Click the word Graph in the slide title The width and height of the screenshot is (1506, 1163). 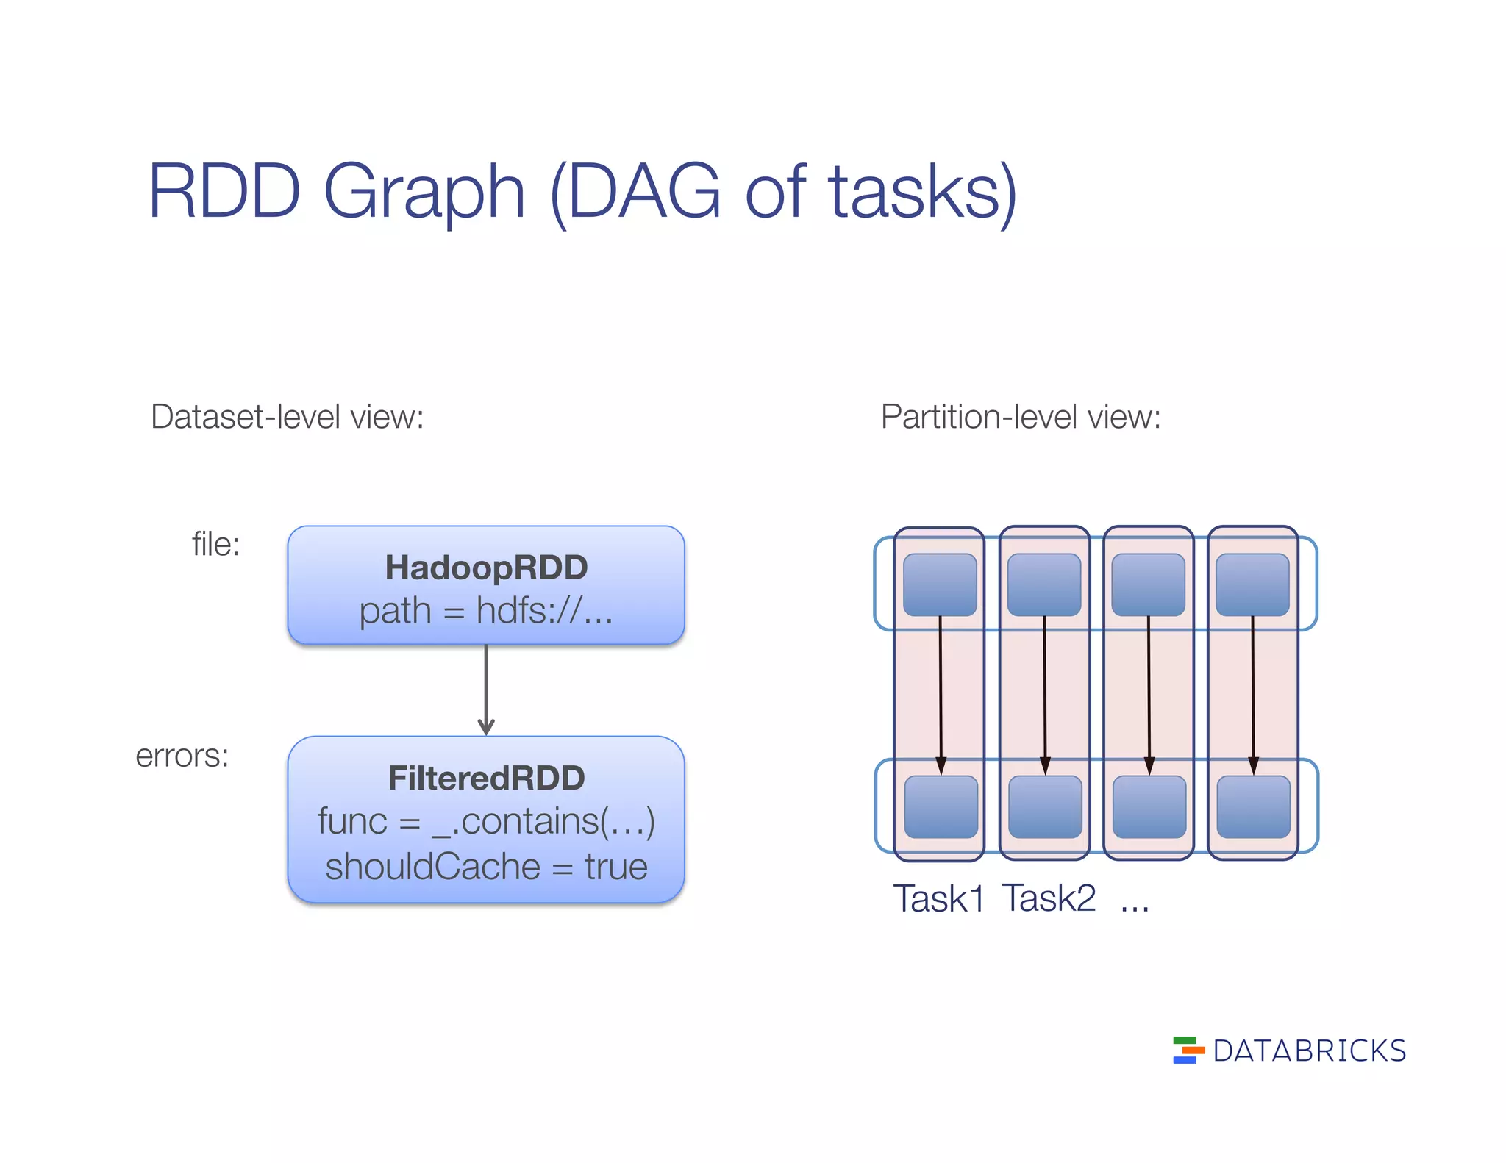coord(424,193)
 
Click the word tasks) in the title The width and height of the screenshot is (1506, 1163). coord(922,193)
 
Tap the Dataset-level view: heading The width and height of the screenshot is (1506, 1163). coord(287,417)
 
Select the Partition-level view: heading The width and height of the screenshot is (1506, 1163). coord(1020,417)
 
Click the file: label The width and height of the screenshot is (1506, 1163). coord(215,545)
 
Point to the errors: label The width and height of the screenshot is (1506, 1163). coord(182,756)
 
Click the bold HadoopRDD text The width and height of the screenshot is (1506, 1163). coord(486,568)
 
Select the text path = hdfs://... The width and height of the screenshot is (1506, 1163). coord(486,611)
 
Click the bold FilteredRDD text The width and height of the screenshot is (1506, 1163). coord(486,778)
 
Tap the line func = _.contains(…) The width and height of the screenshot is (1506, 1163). coord(486,821)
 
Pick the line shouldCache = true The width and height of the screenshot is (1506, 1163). coord(486,866)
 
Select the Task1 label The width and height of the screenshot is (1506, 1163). coord(938,898)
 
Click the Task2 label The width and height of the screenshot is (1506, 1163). coord(1049,898)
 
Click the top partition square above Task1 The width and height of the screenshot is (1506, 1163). coord(940,585)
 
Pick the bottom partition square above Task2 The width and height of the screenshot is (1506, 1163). coord(1045,806)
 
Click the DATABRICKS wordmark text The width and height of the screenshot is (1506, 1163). coord(1309,1051)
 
